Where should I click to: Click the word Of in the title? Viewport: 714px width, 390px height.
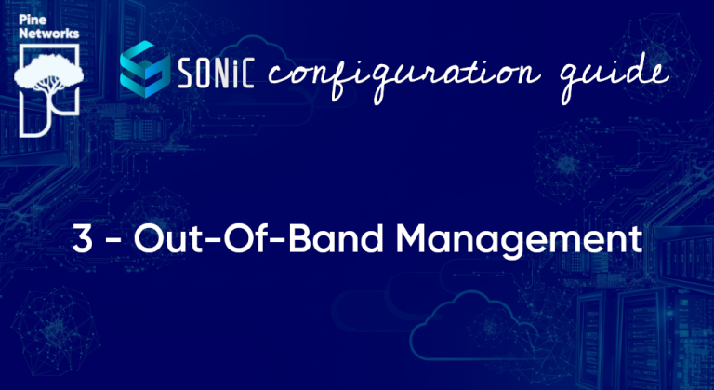click(237, 239)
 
